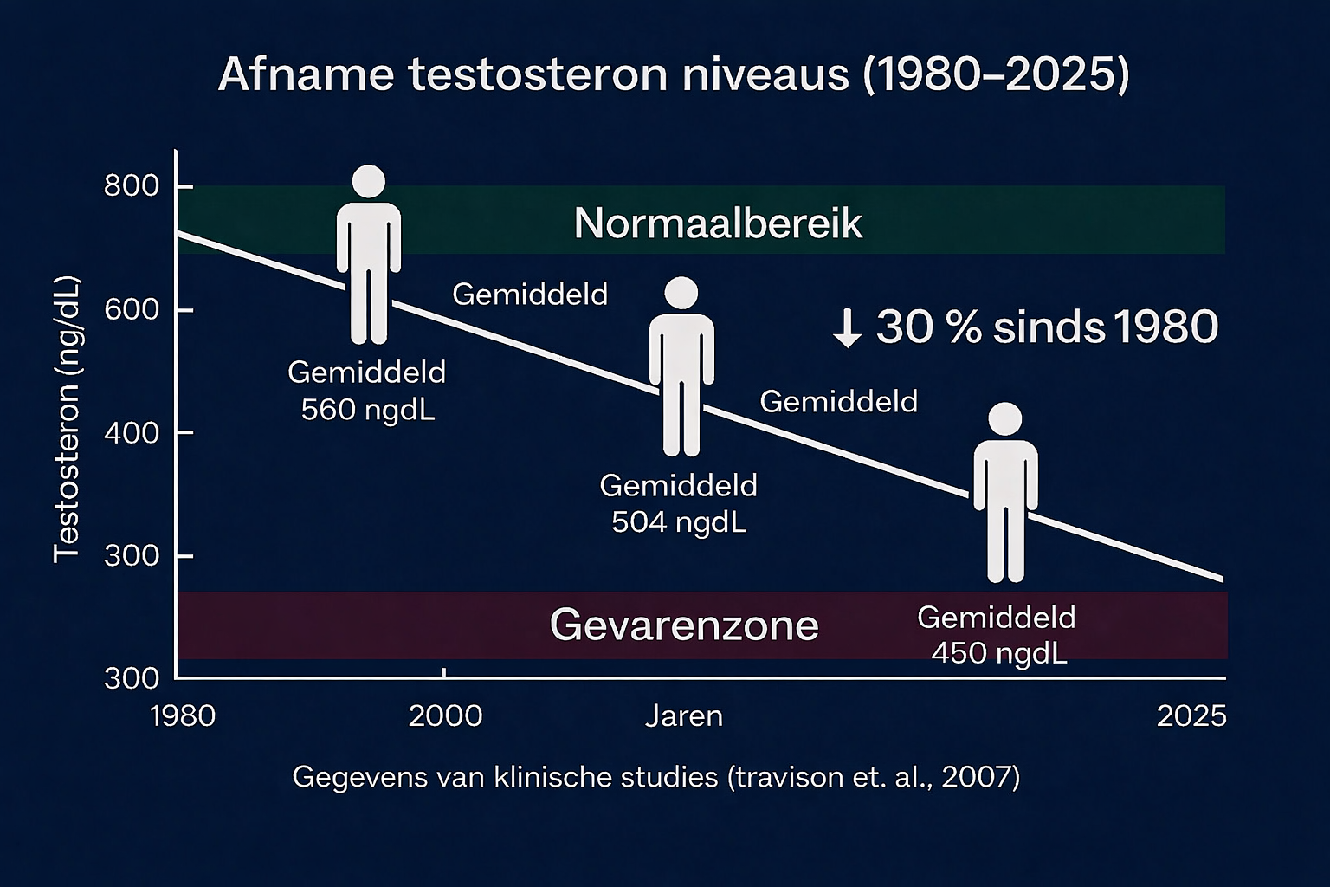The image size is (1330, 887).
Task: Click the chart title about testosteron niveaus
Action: click(x=674, y=74)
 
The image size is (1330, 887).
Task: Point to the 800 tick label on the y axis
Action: click(x=132, y=186)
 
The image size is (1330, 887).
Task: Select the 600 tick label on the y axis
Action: click(x=132, y=309)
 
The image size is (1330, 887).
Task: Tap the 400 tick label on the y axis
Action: click(x=132, y=433)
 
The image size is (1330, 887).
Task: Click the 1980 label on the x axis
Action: click(x=183, y=715)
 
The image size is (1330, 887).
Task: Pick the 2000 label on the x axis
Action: click(x=445, y=715)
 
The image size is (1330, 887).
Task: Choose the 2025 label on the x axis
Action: click(x=1191, y=715)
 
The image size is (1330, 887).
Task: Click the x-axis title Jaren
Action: click(x=684, y=715)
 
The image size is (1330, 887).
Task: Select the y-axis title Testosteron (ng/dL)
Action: click(x=67, y=419)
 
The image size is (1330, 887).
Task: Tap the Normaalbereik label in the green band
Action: click(x=718, y=223)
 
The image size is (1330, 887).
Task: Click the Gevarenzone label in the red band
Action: click(x=684, y=625)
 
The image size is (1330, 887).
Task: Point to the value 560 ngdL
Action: click(x=368, y=410)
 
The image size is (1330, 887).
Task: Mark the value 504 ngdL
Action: click(x=679, y=522)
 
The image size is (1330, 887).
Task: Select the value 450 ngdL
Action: click(x=998, y=653)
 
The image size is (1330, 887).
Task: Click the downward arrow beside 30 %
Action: click(x=848, y=328)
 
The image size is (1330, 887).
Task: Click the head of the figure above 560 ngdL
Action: click(x=369, y=181)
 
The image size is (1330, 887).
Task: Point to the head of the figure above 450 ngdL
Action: click(x=1005, y=419)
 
